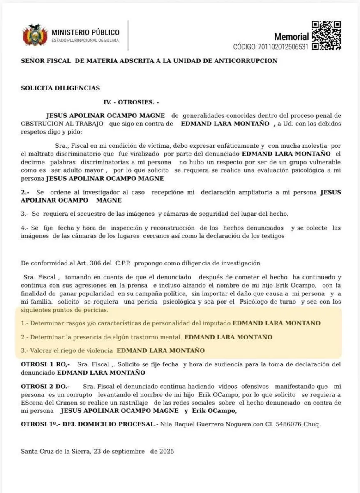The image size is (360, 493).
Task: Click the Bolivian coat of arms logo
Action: coord(35,35)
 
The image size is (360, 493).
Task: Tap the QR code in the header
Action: coord(326,35)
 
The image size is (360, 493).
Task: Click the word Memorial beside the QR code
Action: coord(291,37)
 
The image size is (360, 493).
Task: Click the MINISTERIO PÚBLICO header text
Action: coord(85,32)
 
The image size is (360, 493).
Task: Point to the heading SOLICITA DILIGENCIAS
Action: coord(60,88)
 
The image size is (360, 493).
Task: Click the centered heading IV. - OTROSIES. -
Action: coord(131,102)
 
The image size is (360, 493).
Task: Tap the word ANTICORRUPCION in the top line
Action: coord(251,61)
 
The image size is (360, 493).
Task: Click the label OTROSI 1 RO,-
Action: coord(45,364)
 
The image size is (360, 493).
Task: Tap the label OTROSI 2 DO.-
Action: coord(45,387)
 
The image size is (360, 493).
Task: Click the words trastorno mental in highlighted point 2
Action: coord(157,337)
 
